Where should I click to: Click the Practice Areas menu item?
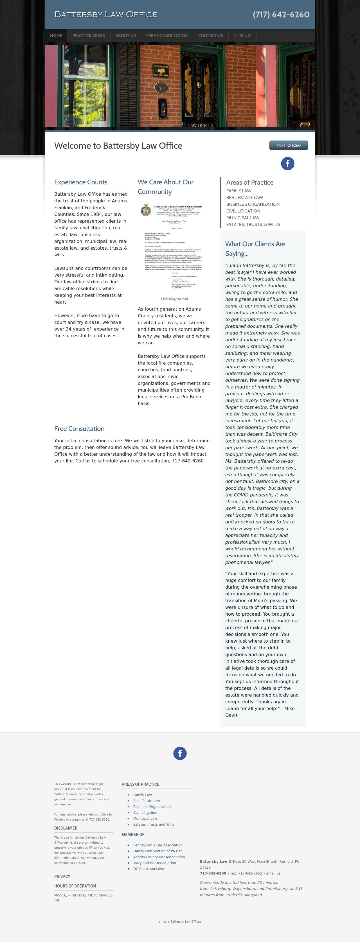coord(89,35)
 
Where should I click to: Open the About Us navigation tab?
coord(125,35)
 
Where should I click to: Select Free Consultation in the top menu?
coord(167,35)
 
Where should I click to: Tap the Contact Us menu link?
coord(210,35)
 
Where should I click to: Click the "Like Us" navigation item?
coord(242,35)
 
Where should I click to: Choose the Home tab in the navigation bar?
coord(56,35)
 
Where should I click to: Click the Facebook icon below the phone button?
coord(287,163)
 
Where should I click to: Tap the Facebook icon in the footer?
coord(180,753)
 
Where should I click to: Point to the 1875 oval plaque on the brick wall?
coord(161,88)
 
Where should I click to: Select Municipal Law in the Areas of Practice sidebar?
coord(242,218)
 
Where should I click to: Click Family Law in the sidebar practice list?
coord(238,191)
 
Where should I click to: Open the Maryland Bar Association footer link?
coord(154,863)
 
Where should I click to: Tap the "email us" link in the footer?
coord(273,873)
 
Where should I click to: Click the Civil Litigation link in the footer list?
coord(145,812)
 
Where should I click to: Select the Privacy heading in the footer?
coord(62,876)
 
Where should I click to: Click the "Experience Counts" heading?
coord(81,182)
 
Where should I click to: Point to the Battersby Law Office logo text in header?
coord(106,14)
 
